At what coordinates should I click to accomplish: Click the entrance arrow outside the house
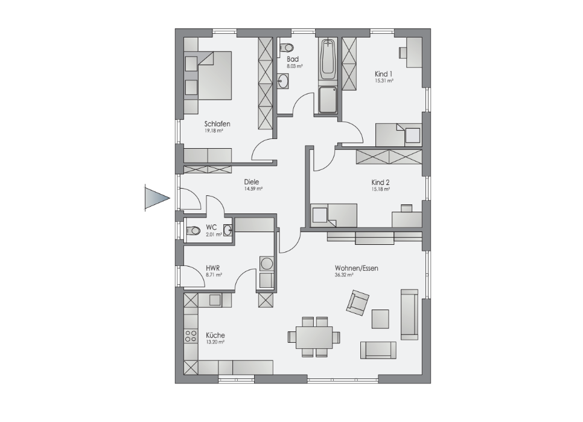point(156,198)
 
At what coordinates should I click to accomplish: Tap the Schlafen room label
point(217,124)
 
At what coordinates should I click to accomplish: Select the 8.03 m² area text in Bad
point(295,66)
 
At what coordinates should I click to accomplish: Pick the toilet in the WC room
point(193,230)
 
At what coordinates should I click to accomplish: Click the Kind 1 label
point(383,74)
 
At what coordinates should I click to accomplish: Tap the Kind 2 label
point(380,182)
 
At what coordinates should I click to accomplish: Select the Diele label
point(251,182)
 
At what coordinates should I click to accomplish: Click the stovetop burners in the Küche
point(191,336)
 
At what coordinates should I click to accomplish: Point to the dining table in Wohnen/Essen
point(314,337)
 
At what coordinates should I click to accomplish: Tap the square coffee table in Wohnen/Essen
point(380,319)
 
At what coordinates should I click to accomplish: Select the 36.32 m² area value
point(344,275)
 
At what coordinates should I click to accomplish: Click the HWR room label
point(212,268)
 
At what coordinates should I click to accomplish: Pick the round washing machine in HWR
point(267,264)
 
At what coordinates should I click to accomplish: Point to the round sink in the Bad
point(283,81)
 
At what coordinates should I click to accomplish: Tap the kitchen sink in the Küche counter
point(215,299)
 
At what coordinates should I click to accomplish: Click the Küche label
point(215,335)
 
